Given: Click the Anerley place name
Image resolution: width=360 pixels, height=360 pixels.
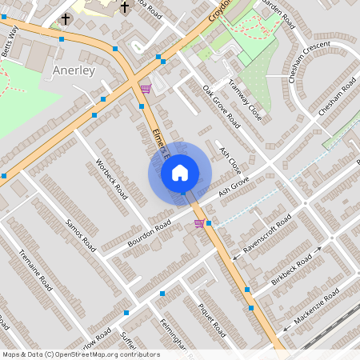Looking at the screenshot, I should click(x=74, y=70).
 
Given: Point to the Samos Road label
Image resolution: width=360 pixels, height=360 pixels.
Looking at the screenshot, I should click(x=81, y=234).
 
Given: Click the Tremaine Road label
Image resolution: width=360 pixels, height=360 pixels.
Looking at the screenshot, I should click(x=35, y=273).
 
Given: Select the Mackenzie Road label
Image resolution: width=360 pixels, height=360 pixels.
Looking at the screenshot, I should click(x=317, y=305).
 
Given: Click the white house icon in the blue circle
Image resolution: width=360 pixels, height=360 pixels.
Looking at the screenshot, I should click(x=180, y=172).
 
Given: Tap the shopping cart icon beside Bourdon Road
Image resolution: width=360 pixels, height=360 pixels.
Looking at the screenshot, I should click(x=198, y=224).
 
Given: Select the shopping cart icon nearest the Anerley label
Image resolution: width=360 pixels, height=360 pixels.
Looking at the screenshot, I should click(x=145, y=89).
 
